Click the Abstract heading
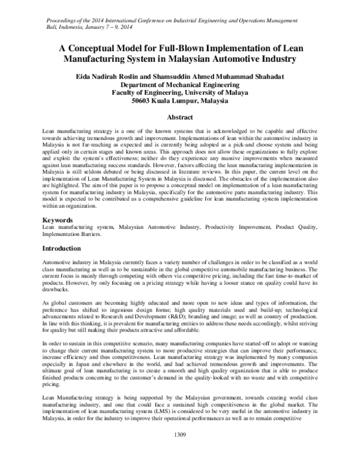coord(179,118)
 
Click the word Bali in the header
coord(53,17)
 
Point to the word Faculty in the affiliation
coord(127,93)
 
